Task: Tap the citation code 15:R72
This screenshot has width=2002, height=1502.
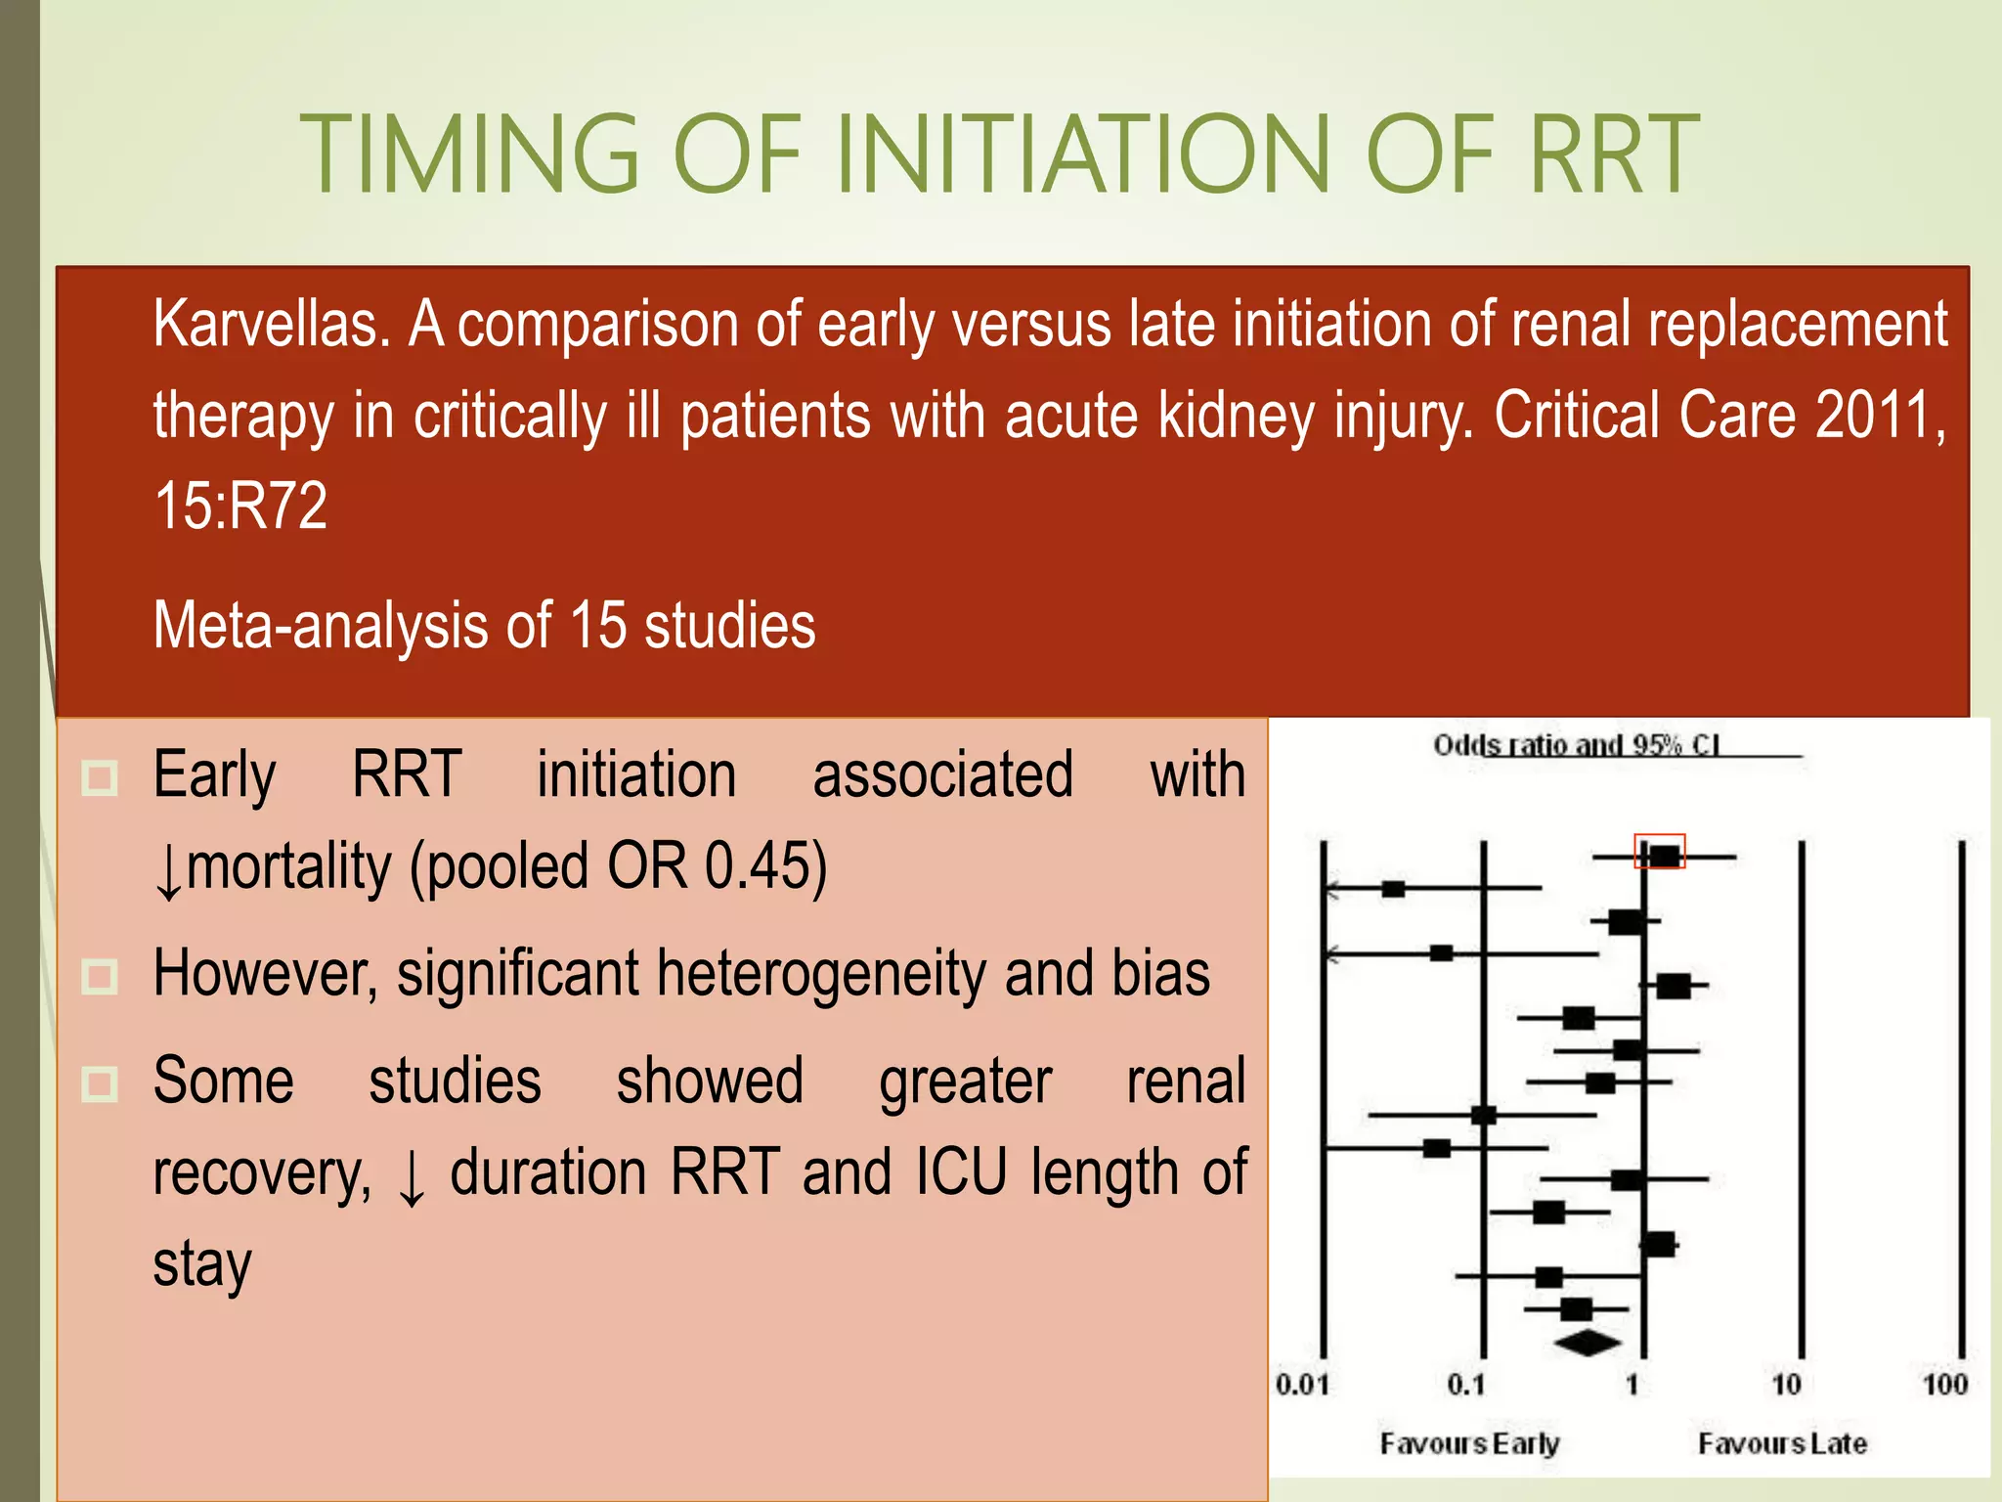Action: [240, 506]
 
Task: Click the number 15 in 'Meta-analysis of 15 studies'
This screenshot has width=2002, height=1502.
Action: [597, 626]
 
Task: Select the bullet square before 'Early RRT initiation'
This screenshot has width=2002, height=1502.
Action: [100, 778]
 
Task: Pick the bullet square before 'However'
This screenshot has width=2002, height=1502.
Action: [100, 976]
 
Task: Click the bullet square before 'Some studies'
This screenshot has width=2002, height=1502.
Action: [100, 1083]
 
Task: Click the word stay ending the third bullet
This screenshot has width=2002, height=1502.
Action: [202, 1263]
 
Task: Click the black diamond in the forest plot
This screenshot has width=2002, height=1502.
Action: [1588, 1343]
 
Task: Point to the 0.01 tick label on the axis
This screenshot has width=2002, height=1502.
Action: [1303, 1385]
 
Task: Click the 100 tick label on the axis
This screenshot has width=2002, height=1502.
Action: [1944, 1385]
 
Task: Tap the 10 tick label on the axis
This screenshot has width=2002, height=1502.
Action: [1786, 1385]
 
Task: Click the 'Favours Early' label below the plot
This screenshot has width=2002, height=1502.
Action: [1469, 1443]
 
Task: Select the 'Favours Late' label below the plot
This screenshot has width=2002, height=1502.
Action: [1782, 1443]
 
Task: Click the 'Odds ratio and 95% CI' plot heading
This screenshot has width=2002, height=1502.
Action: [1576, 745]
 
